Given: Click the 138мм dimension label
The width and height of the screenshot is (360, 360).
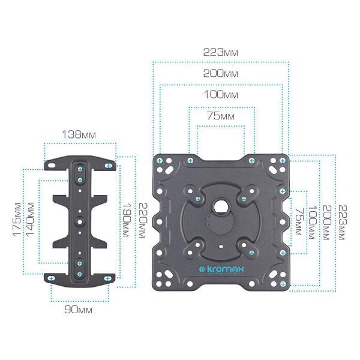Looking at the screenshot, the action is [79, 134].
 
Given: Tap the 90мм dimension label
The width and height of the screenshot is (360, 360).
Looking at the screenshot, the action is [78, 310].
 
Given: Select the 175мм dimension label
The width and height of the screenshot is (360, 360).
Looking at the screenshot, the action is [17, 220].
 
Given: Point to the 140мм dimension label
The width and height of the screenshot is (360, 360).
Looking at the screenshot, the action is [30, 219].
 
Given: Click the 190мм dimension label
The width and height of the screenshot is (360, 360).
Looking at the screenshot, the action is [127, 220].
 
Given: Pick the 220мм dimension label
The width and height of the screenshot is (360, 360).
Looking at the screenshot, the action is [142, 220].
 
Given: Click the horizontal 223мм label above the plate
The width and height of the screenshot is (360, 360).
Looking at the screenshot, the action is [220, 52].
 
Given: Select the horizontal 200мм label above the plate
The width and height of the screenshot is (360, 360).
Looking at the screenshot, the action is [220, 73].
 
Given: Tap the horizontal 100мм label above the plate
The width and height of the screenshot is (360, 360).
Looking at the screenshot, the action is [221, 95].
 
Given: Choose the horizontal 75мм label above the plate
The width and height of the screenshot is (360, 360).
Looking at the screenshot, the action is [221, 116].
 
